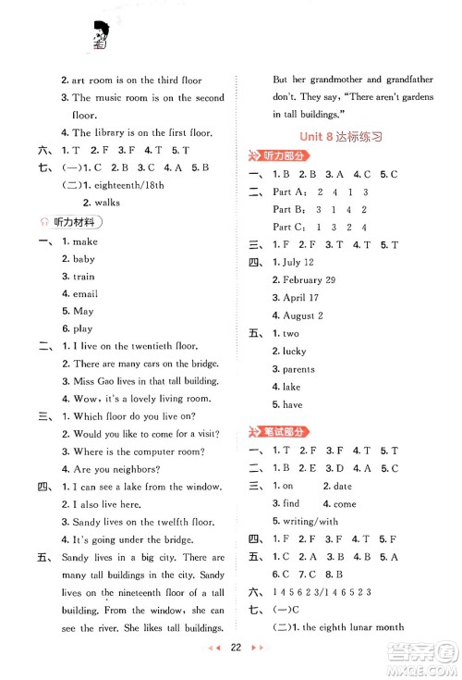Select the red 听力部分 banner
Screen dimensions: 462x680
pyautogui.click(x=276, y=155)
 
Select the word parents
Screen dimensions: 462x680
pyautogui.click(x=298, y=369)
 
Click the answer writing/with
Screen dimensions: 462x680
pyautogui.click(x=310, y=521)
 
